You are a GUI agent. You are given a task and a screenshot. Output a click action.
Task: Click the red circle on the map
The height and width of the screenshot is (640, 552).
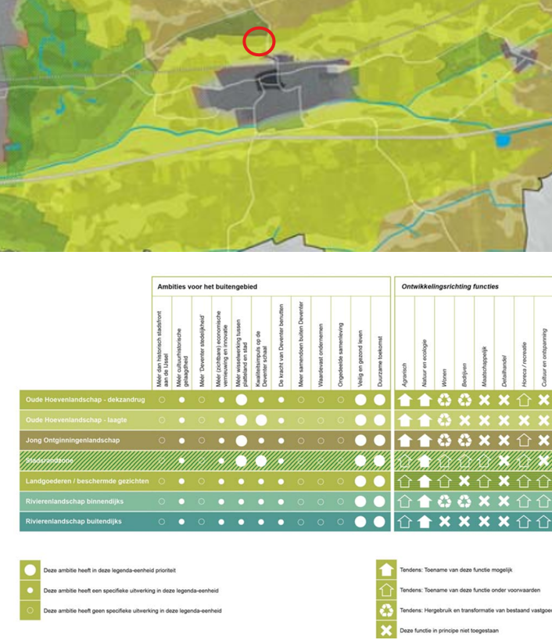[259, 41]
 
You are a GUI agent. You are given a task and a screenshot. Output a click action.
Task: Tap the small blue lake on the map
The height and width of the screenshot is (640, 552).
[501, 141]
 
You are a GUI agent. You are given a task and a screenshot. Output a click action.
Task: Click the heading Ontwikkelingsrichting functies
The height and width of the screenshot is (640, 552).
[450, 286]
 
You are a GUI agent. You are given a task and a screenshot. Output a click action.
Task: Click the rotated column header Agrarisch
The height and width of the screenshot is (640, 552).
[404, 369]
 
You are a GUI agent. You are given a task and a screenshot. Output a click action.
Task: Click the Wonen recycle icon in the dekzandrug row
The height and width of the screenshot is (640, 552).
[444, 400]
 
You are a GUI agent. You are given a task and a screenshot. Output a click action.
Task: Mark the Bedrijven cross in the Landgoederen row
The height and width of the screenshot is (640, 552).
[464, 481]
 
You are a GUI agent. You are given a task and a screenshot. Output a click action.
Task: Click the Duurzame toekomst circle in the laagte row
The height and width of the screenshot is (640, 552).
[379, 420]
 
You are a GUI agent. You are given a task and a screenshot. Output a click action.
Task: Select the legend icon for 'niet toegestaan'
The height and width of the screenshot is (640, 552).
[385, 629]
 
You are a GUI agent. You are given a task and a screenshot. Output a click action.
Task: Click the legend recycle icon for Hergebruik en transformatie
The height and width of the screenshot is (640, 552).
[385, 609]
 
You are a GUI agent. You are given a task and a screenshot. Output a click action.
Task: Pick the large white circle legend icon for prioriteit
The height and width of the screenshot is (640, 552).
[30, 571]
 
